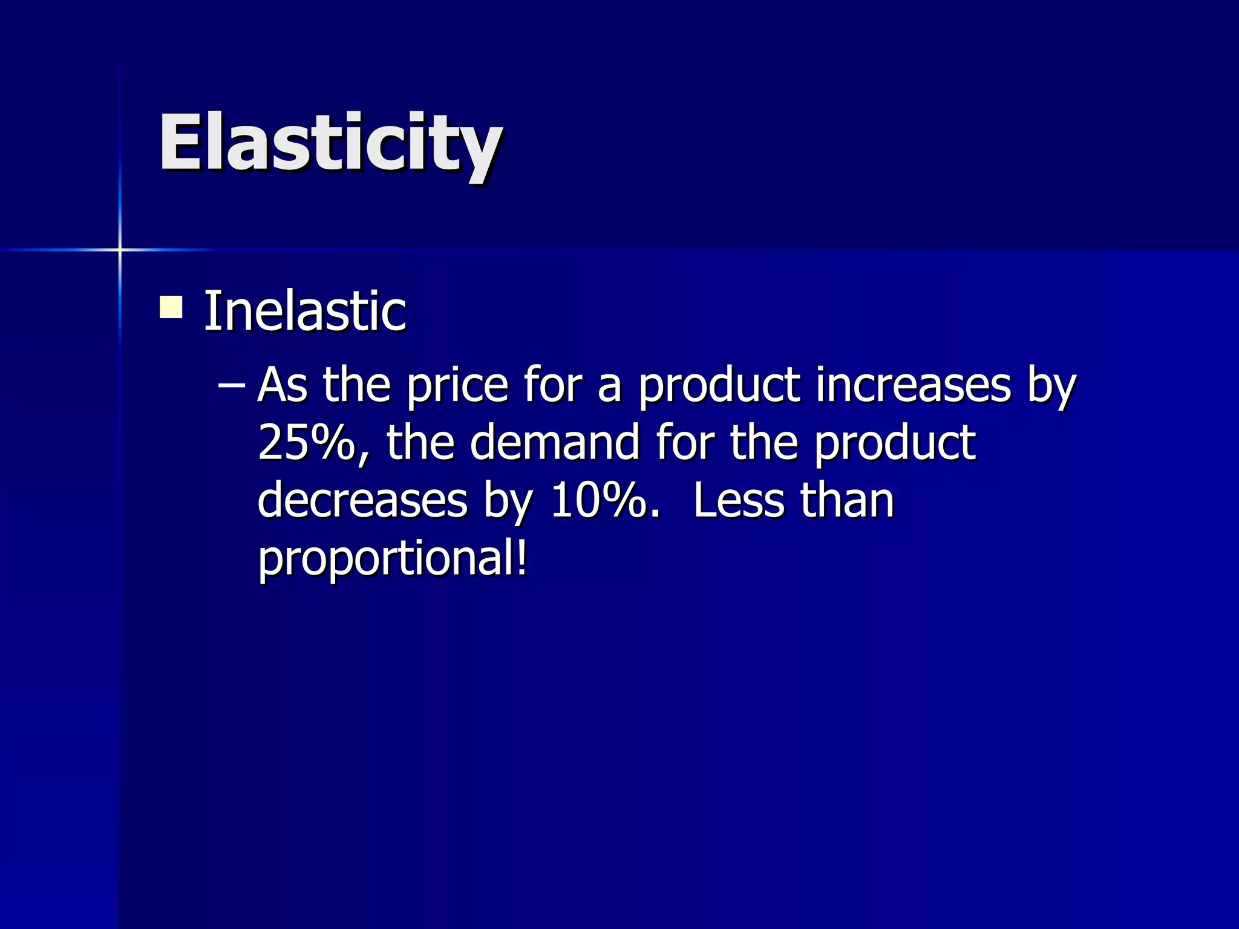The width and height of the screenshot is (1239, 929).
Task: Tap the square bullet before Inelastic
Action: pos(171,307)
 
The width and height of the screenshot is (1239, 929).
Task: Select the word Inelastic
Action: pos(304,311)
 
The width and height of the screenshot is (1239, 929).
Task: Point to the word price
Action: pos(457,385)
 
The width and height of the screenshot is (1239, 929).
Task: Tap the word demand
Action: pos(554,442)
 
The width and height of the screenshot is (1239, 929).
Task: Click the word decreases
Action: pos(362,500)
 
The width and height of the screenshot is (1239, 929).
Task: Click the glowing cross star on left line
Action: pos(120,249)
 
